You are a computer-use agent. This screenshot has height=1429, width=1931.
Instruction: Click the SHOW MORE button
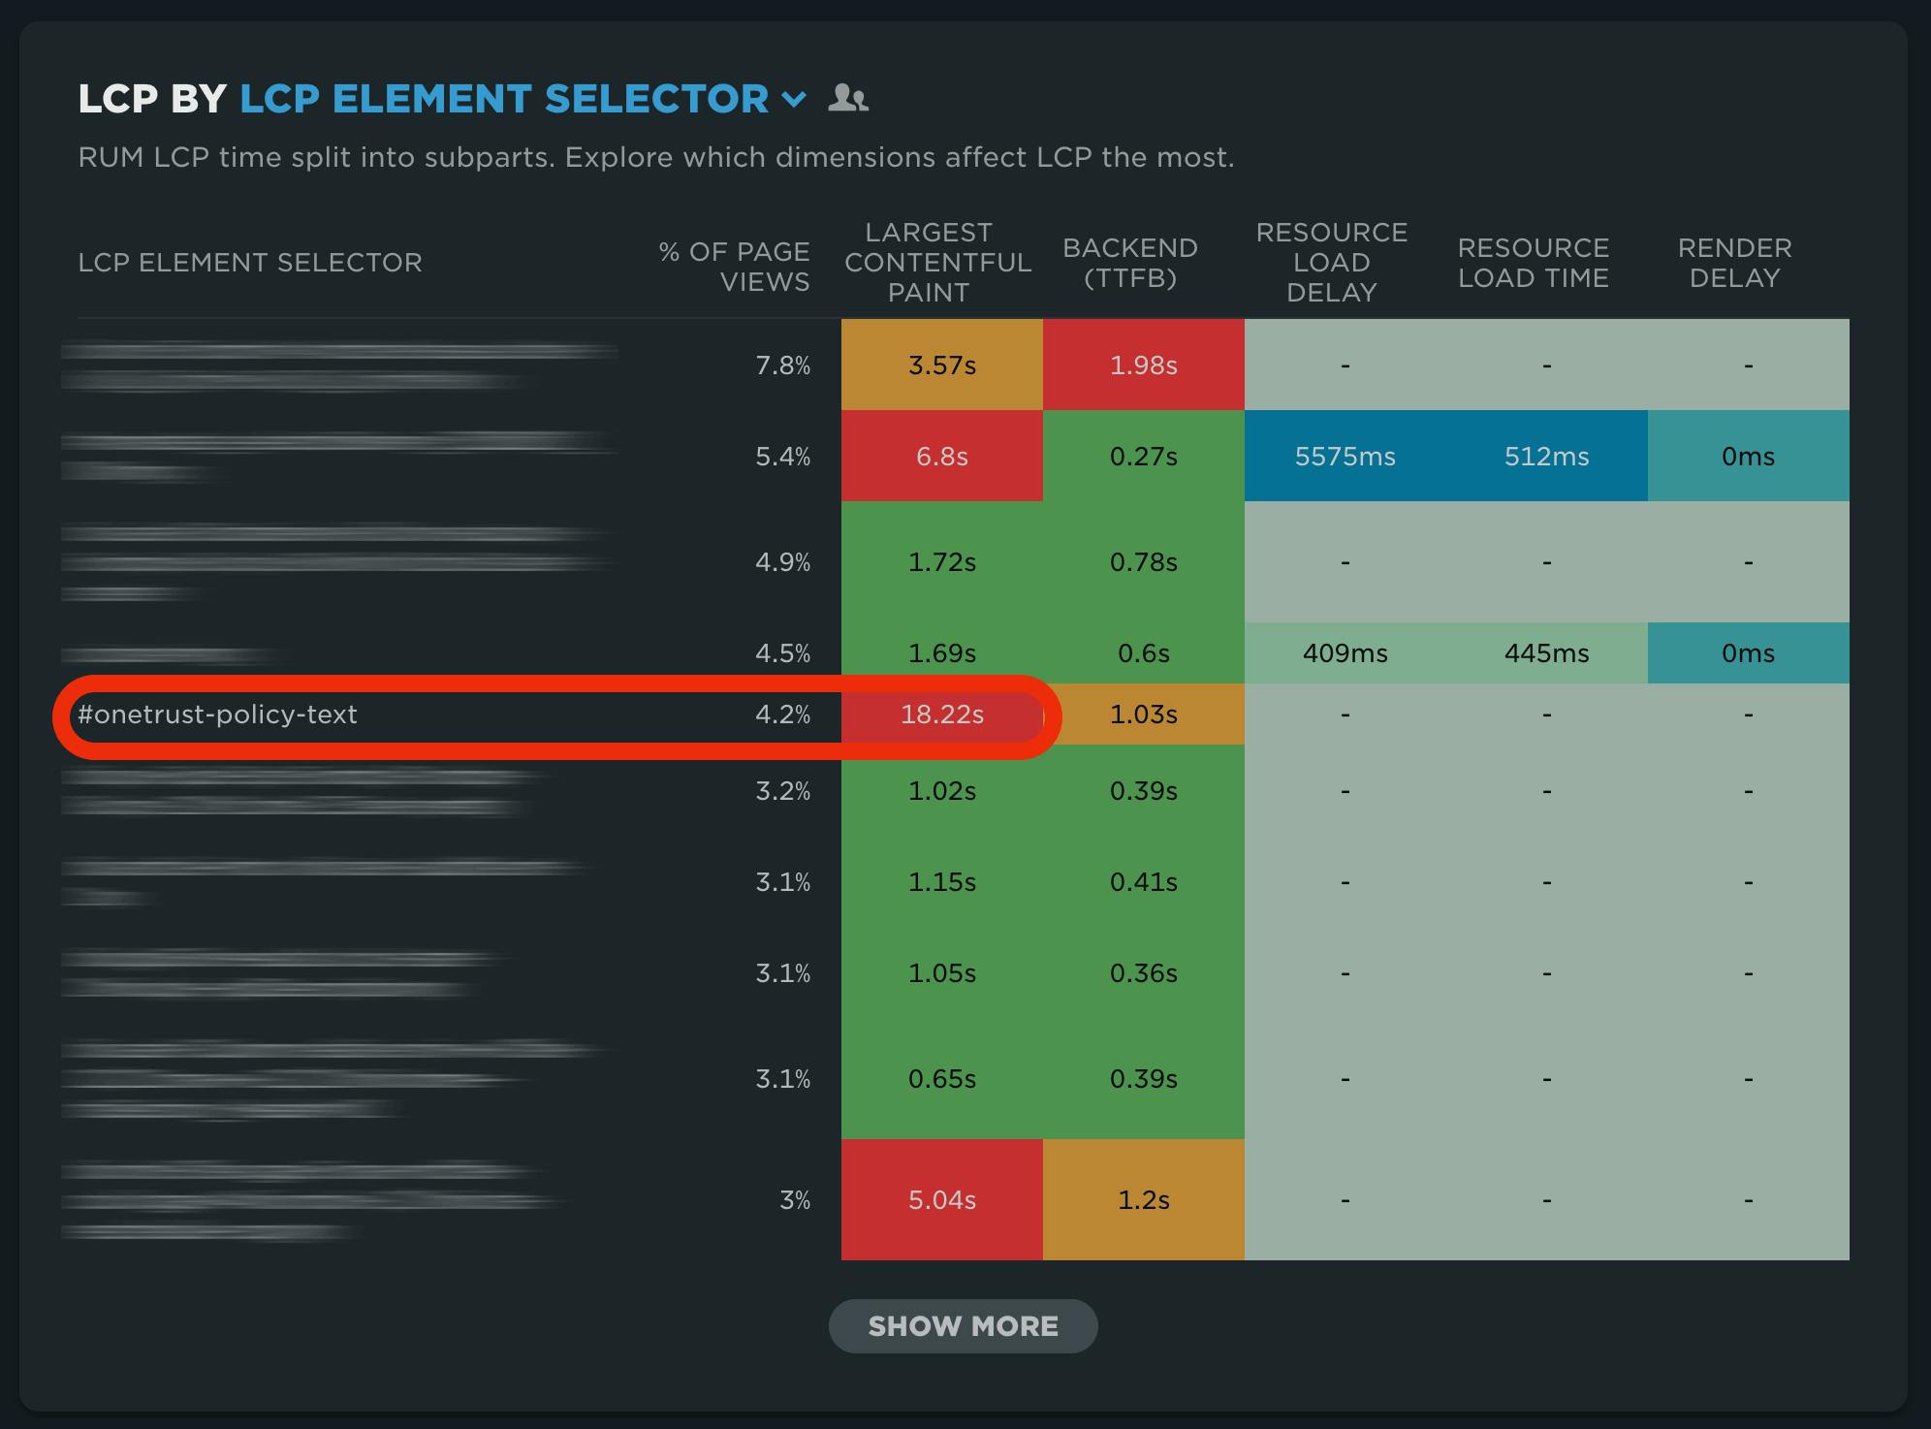(x=963, y=1325)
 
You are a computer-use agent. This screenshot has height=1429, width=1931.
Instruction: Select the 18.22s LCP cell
(x=941, y=714)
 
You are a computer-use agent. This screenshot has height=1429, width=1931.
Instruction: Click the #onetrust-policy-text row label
(x=217, y=714)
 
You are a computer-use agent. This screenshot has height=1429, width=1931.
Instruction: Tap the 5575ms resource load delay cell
(x=1345, y=457)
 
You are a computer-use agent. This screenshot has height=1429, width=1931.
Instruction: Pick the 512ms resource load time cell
(x=1546, y=457)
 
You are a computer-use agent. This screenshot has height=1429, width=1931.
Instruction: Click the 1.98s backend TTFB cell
(x=1143, y=365)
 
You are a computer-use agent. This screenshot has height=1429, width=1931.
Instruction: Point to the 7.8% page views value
(x=782, y=365)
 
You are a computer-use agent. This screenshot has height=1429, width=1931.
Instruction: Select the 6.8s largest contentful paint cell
(x=941, y=457)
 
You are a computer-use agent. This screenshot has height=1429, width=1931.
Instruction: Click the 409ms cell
(x=1345, y=653)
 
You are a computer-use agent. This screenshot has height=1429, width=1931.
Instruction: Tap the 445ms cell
(x=1546, y=653)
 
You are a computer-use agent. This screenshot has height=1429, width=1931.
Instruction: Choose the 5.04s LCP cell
(x=941, y=1200)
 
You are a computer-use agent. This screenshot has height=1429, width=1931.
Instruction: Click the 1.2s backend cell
(x=1143, y=1200)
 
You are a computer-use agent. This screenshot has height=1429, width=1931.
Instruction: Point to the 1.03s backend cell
(x=1143, y=714)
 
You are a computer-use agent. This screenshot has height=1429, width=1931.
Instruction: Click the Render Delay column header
(x=1734, y=263)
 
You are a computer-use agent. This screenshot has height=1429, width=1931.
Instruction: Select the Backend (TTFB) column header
(x=1129, y=263)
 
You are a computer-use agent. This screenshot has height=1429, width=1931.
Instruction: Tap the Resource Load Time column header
(x=1533, y=263)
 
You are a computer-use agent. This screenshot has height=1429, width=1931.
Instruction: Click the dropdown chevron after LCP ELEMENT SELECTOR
(x=794, y=99)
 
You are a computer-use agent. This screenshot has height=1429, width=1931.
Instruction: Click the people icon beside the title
(x=848, y=98)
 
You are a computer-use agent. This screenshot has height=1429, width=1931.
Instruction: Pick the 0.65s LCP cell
(x=941, y=1079)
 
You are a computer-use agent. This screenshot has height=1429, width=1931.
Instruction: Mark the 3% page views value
(x=794, y=1200)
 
